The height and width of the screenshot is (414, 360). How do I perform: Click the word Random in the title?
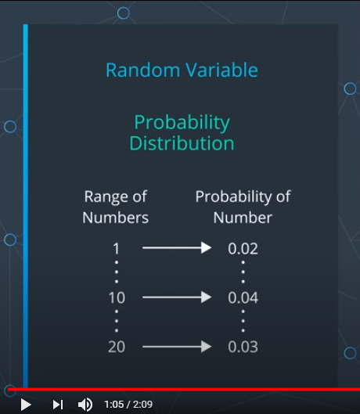143,70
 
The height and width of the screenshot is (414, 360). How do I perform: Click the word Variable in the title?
221,70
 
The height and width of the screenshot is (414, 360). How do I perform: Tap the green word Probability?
182,124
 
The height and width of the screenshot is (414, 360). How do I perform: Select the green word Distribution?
182,143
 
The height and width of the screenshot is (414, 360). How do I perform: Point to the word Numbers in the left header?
115,218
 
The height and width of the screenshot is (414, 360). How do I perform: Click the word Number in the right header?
243,218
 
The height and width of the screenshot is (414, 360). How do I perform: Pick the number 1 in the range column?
116,249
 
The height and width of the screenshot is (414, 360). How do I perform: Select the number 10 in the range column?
117,298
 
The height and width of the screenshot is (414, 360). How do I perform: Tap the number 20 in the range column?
117,347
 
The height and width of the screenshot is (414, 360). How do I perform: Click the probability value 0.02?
243,249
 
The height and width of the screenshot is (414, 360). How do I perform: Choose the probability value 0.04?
243,298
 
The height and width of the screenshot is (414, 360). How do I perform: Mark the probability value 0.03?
243,347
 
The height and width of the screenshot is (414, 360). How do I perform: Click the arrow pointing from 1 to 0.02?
177,247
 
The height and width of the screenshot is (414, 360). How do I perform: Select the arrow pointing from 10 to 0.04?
177,297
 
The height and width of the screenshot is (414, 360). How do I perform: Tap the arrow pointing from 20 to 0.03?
177,347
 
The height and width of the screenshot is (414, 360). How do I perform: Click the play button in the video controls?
26,405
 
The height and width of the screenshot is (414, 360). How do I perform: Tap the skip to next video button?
58,405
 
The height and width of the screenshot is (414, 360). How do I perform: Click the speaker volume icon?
85,405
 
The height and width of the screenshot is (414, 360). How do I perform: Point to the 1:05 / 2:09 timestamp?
128,405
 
